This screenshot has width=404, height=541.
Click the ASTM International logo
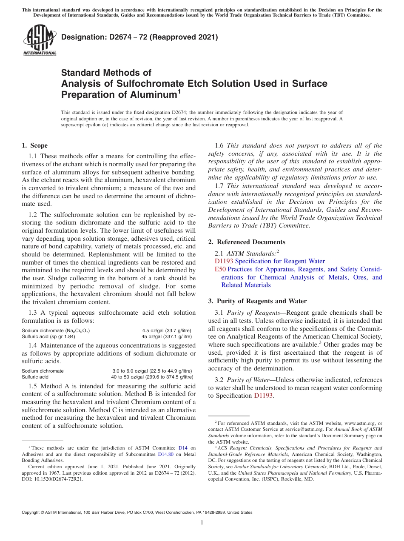pos(39,41)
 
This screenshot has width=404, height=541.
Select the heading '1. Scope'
pos(34,145)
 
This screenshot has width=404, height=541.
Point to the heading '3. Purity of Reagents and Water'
pos(257,301)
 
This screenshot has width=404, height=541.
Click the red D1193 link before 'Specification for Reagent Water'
pos(224,261)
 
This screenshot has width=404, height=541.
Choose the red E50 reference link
pos(220,269)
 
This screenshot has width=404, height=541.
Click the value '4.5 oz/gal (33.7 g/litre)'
pos(167,330)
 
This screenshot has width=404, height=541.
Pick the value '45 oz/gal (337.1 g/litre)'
pos(166,336)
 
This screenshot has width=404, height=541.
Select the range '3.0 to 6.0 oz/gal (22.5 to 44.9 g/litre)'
pos(152,371)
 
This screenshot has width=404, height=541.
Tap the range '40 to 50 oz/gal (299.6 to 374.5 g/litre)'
pos(152,377)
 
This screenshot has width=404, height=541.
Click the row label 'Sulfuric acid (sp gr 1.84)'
pos(48,336)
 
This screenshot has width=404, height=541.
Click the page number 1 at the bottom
pos(202,523)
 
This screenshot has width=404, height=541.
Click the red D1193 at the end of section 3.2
pos(263,396)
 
